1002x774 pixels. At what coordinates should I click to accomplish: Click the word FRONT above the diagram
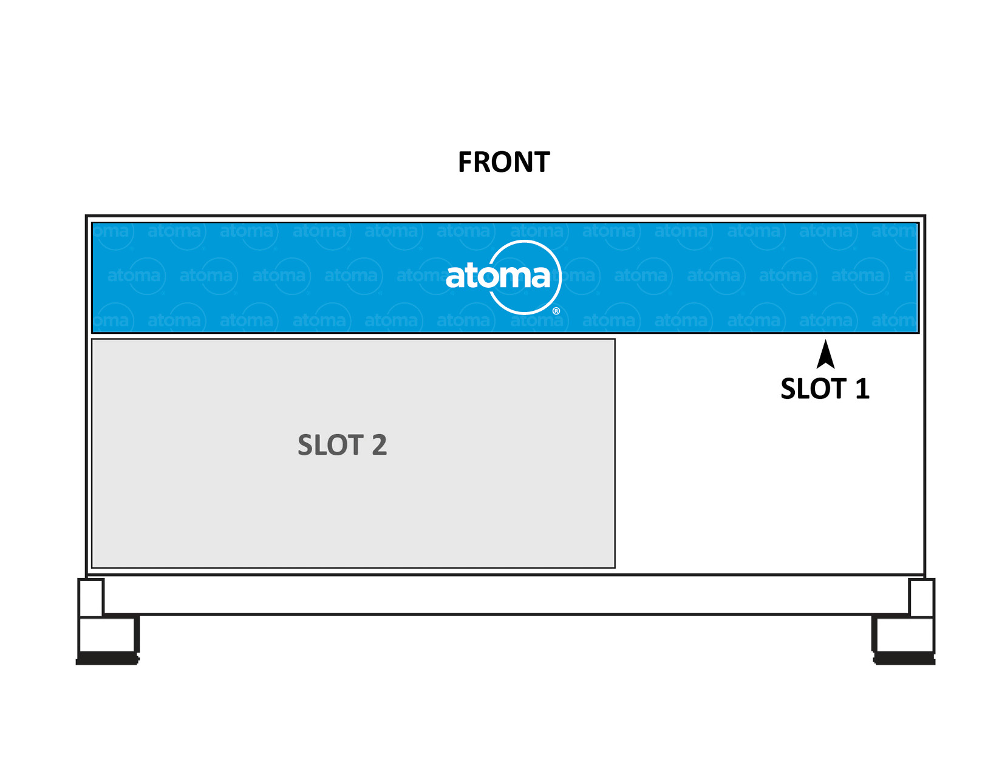(x=503, y=162)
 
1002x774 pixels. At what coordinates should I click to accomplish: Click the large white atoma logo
(x=499, y=277)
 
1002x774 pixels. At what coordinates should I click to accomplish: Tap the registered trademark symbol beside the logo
(x=556, y=311)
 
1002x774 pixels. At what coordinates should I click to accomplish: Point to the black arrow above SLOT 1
(x=825, y=355)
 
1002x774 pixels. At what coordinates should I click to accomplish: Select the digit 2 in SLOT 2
(x=379, y=445)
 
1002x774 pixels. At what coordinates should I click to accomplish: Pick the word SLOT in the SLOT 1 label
(x=813, y=389)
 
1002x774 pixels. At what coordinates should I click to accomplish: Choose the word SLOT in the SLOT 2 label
(x=330, y=445)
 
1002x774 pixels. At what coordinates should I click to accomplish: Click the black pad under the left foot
(x=107, y=658)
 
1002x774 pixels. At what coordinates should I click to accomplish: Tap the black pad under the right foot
(x=904, y=658)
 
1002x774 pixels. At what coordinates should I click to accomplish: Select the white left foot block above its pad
(x=107, y=634)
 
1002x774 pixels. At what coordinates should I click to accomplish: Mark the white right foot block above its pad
(x=904, y=634)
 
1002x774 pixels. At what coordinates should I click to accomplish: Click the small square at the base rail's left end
(x=91, y=597)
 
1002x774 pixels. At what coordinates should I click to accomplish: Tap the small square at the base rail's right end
(x=921, y=597)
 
